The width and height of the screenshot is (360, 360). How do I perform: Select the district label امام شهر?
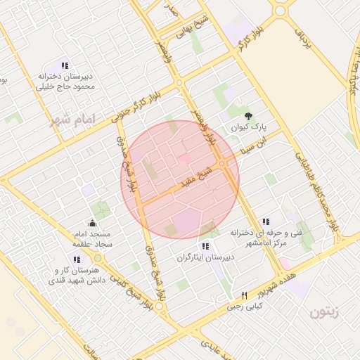pos(72,119)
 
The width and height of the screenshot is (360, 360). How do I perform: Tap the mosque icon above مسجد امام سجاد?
pos(93,224)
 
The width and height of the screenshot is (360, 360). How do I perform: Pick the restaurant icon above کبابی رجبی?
pos(245,295)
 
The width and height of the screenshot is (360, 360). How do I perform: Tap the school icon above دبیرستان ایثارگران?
pos(205,246)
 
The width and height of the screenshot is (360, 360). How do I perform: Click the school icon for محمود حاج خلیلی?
pos(65,65)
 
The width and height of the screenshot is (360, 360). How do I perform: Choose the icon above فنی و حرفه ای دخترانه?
pos(264,222)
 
